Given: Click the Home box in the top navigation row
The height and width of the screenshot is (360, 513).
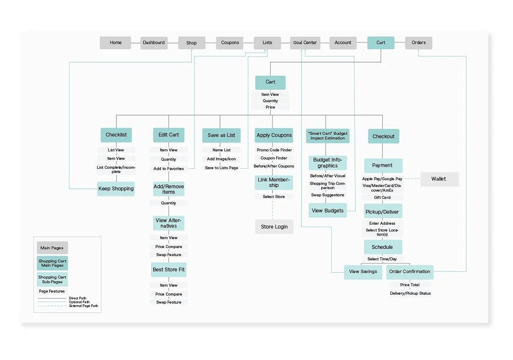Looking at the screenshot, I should tap(115, 43).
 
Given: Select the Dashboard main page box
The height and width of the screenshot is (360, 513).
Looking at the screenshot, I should tap(154, 43).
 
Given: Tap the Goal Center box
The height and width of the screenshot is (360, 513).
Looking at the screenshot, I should tap(305, 43).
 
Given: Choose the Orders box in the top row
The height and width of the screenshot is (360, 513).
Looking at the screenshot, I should tap(418, 43).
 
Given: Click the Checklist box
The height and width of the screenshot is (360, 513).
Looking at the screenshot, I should tap(116, 135).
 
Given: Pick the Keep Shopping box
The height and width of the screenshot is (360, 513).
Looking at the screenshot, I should tap(116, 189).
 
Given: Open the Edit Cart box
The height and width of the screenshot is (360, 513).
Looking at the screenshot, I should tap(168, 135).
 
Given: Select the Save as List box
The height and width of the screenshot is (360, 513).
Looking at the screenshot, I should tap(221, 135).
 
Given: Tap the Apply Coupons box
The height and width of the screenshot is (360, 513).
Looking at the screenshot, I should tap(274, 135).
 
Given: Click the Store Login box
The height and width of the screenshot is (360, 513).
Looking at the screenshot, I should tap(274, 227).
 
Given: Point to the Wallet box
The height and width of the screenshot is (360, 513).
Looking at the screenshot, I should tap(439, 179).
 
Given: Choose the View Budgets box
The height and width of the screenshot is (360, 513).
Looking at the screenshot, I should tap(328, 211).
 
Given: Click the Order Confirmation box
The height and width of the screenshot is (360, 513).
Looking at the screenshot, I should tap(409, 272).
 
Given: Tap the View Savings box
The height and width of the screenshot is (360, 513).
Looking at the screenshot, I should tap(363, 272).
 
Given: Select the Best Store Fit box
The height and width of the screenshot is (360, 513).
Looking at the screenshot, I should tap(169, 270).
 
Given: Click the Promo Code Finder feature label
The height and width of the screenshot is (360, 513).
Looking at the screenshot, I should tap(274, 150).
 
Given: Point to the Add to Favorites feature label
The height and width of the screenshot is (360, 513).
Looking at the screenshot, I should tap(168, 169).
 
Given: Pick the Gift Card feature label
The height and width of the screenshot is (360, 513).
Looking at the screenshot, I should tap(382, 198).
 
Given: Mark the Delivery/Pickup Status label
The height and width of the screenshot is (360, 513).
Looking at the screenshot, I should tap(410, 293).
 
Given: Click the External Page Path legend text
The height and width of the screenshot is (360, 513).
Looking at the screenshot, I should tap(84, 306).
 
